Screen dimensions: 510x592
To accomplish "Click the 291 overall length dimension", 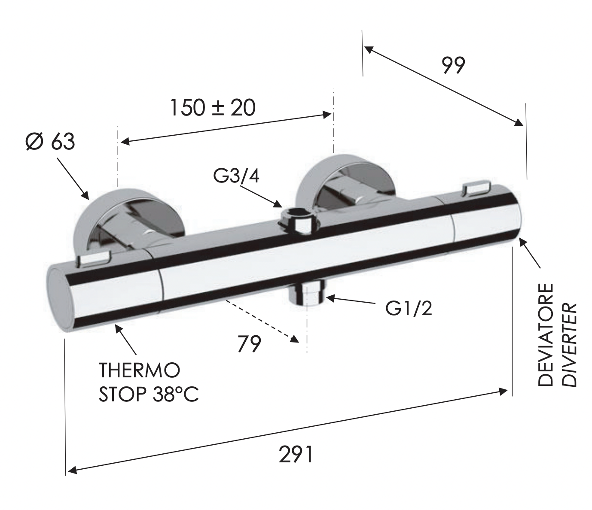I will [x=296, y=454].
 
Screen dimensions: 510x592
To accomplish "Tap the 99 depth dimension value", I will [x=453, y=66].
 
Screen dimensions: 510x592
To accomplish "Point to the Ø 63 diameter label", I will [x=50, y=141].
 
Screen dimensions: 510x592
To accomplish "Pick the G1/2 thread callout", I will [x=409, y=308].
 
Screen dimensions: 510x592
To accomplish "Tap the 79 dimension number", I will [x=249, y=344].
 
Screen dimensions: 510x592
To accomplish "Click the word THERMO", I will [x=139, y=370].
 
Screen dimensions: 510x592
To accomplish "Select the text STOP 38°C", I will [x=149, y=395].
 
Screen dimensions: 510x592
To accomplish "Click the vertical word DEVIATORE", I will [x=546, y=335].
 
